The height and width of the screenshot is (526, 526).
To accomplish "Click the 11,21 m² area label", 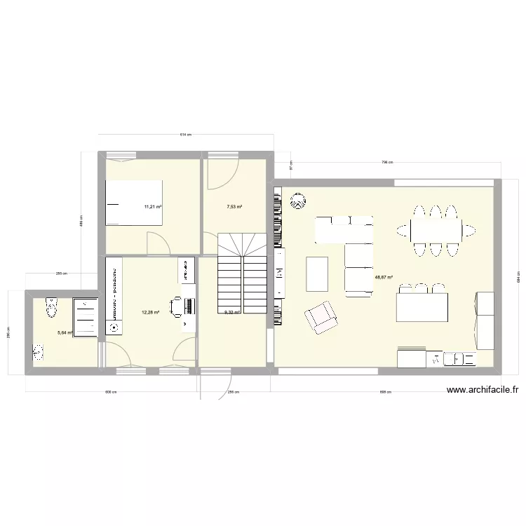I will [x=153, y=207].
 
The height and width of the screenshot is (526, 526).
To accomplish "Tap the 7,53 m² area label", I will [x=234, y=207].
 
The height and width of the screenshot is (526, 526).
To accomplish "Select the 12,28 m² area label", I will [x=151, y=313].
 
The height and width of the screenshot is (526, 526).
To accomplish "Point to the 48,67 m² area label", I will [x=384, y=277].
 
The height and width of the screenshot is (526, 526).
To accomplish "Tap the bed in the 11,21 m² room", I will [x=134, y=203].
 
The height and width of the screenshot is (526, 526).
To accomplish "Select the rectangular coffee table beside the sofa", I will [x=317, y=274].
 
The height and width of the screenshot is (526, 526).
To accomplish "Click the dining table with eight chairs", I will [x=436, y=229].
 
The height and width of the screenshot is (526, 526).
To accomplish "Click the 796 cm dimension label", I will [x=386, y=163].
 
